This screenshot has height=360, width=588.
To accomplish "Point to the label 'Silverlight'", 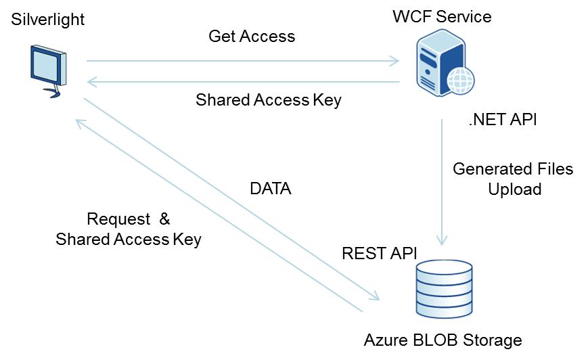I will pos(48,19).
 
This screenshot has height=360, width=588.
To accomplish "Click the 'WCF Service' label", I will pos(443,16).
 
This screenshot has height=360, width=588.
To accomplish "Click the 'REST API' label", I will pos(380,253).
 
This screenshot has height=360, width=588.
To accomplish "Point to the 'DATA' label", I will pos(271,189).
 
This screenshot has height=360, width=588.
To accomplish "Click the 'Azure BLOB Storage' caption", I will pos(443,339).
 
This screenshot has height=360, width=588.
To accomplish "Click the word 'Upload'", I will pos(515,189).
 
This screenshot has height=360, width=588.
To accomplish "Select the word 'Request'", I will pos(118,219).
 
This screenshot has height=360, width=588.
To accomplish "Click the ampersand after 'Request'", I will pos(164,219).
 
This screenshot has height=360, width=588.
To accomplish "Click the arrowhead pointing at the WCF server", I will pos(394,62).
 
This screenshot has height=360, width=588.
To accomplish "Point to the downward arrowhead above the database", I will pos(443,240).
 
